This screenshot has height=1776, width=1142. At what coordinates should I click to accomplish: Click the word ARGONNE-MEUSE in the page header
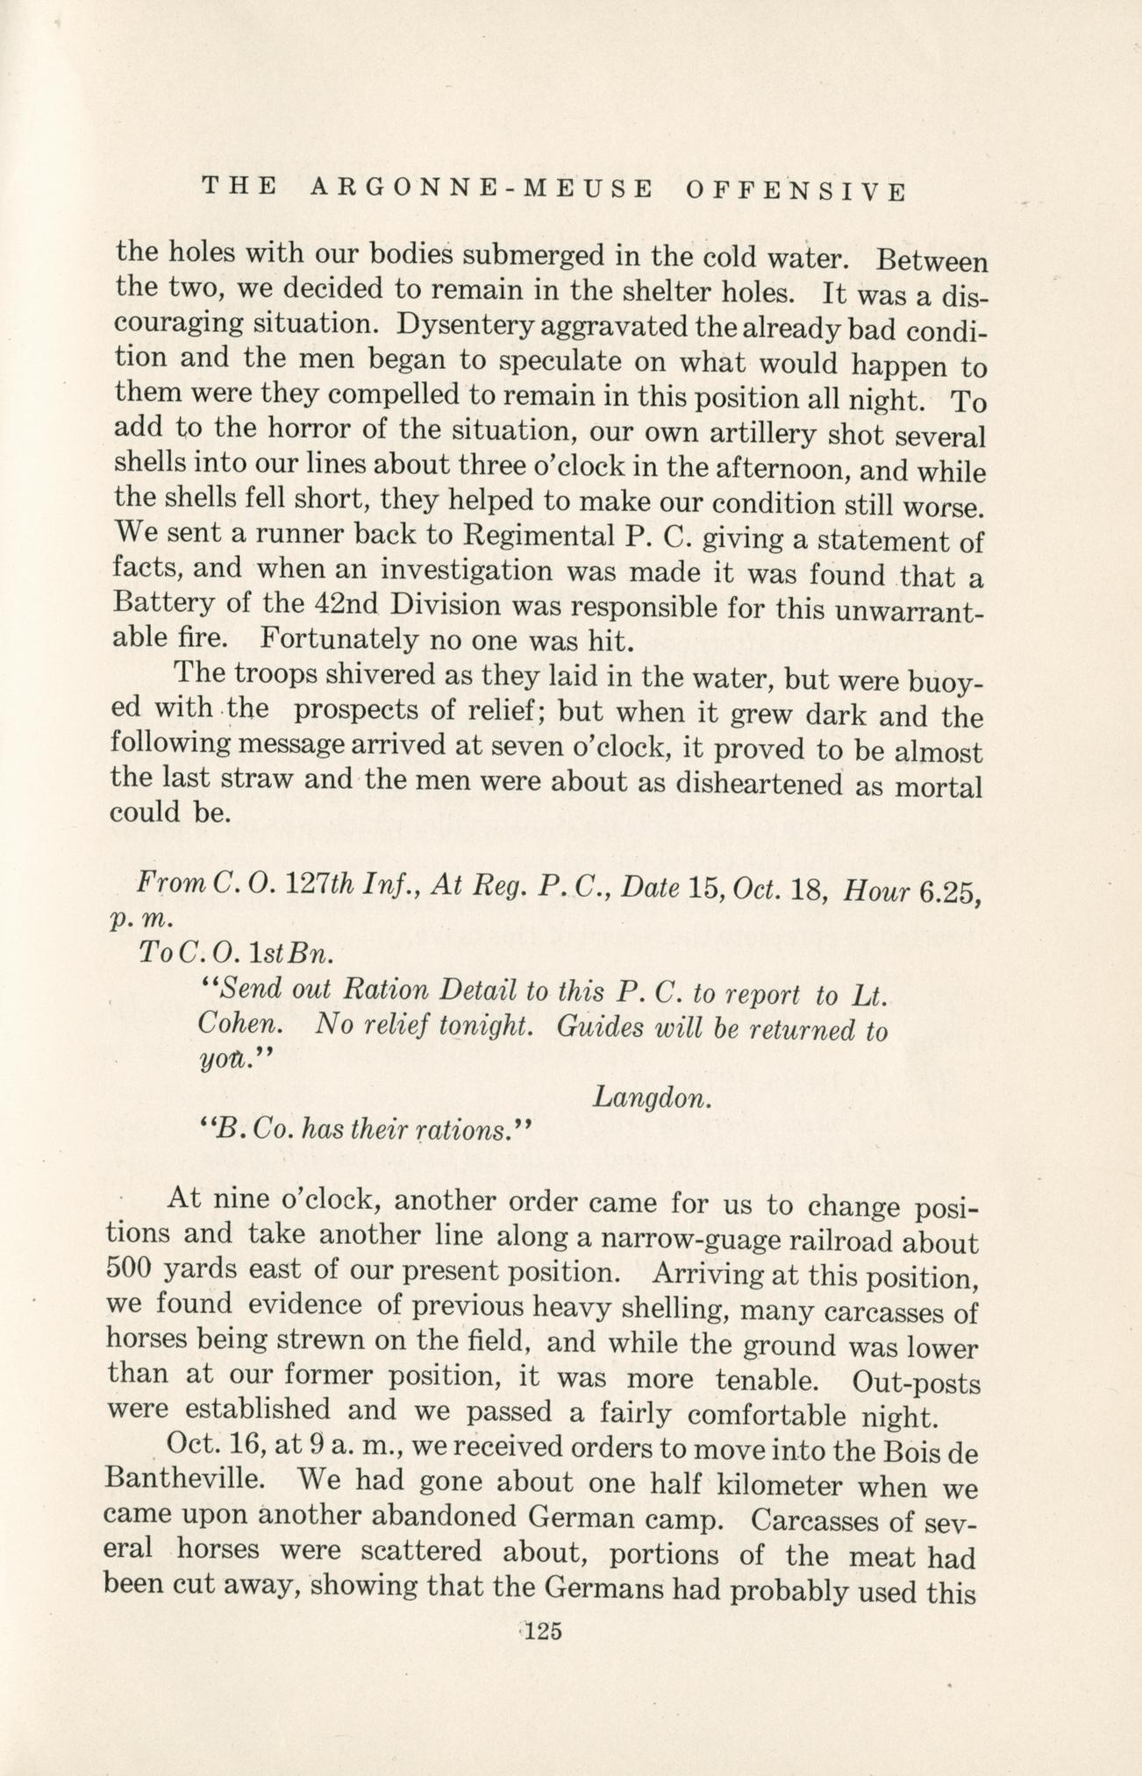pos(481,188)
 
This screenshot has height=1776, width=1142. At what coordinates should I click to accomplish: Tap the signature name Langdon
pos(651,1096)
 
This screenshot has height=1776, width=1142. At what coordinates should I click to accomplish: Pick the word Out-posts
pos(916,1383)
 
